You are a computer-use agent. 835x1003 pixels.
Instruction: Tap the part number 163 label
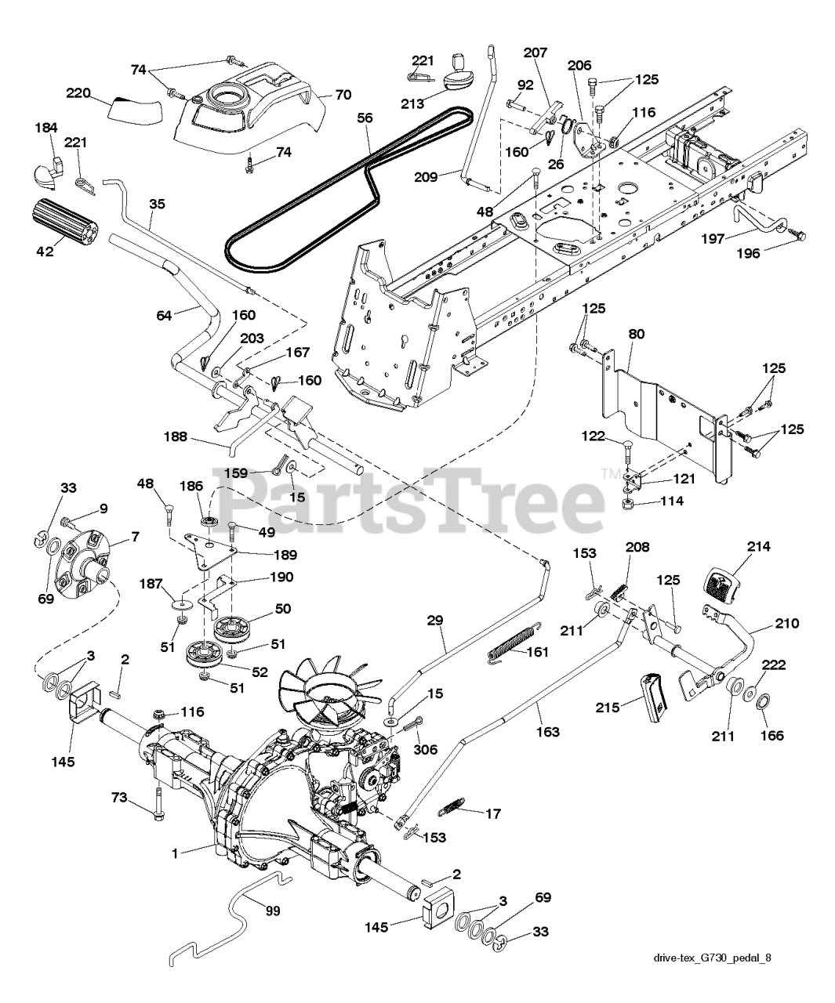tap(548, 731)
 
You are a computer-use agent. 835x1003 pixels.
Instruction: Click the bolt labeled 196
tap(797, 234)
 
